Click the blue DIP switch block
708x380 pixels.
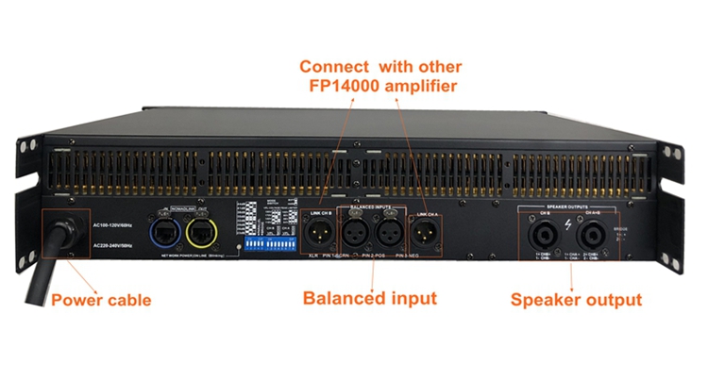click(x=266, y=242)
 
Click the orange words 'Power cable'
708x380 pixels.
click(x=101, y=301)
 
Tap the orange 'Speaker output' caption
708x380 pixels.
click(x=576, y=301)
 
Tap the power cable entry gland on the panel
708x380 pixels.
click(x=66, y=232)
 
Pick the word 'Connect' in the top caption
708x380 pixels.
click(x=332, y=67)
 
